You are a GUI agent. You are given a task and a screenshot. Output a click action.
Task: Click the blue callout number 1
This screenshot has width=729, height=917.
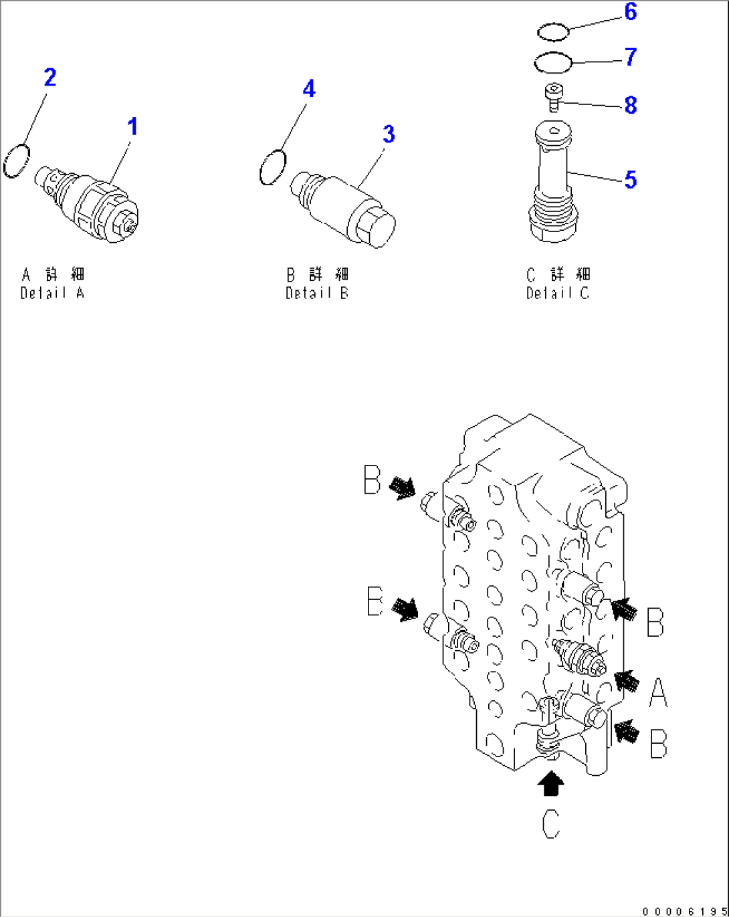tap(133, 127)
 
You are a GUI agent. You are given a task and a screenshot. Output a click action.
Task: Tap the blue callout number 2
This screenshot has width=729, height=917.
tap(50, 78)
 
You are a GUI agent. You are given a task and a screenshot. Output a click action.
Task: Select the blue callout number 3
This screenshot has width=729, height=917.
tap(389, 134)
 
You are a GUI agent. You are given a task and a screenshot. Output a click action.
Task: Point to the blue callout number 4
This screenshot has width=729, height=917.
tap(309, 89)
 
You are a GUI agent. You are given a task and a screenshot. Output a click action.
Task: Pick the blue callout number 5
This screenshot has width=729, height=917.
tap(631, 179)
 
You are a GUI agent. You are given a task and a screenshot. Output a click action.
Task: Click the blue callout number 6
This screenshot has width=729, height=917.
tap(631, 11)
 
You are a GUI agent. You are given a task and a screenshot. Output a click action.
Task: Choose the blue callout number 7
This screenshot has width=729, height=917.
tap(631, 57)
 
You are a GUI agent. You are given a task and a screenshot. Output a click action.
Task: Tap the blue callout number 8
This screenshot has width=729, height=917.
tap(631, 105)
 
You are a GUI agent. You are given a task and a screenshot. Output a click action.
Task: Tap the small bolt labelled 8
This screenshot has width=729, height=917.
tap(554, 98)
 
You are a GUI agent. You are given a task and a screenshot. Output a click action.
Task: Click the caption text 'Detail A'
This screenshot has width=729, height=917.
tap(52, 293)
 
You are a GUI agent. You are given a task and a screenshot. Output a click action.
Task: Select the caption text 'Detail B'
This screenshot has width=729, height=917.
tap(318, 293)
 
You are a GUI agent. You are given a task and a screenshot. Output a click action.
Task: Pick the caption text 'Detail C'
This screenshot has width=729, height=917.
tap(558, 293)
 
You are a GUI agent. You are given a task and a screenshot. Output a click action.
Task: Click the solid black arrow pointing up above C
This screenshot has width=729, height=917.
tap(550, 783)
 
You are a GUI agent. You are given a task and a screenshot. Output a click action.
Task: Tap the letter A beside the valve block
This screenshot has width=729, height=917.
tap(658, 692)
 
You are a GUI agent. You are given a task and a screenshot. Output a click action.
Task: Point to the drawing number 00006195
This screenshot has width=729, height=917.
tap(685, 910)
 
